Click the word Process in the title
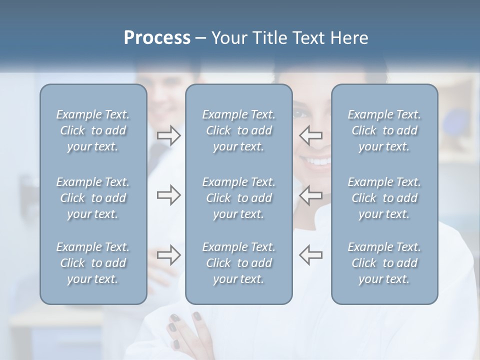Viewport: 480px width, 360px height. (x=157, y=38)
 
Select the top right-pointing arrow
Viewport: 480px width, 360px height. (x=168, y=135)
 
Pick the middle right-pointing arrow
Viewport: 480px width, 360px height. (x=168, y=195)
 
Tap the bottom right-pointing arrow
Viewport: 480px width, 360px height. (x=168, y=255)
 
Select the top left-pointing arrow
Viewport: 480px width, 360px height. (x=311, y=135)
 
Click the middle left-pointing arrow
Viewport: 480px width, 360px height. (x=311, y=195)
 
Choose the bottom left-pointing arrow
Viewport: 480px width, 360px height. (x=311, y=255)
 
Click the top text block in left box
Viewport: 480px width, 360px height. (x=93, y=130)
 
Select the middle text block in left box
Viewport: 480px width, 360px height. (x=93, y=198)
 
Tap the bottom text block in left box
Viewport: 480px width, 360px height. (x=93, y=263)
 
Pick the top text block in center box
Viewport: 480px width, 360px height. (x=239, y=130)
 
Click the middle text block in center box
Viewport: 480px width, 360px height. (x=239, y=198)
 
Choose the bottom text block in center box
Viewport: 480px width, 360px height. (x=239, y=263)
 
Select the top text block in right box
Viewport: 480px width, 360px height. (x=384, y=130)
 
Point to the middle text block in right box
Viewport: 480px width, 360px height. (x=384, y=198)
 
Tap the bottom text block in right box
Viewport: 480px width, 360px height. (x=384, y=263)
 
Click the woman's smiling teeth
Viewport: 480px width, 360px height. (x=318, y=161)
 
